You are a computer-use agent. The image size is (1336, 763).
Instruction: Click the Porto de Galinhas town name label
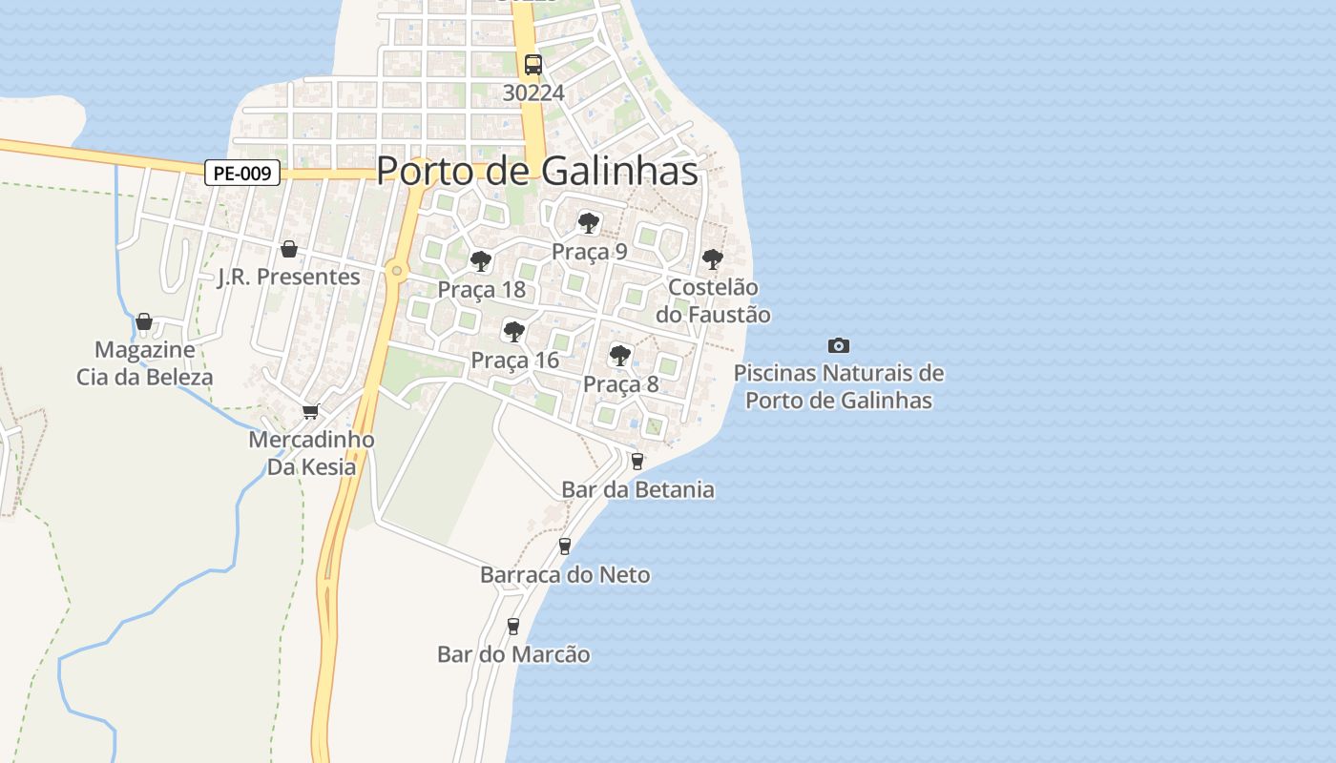pos(537,171)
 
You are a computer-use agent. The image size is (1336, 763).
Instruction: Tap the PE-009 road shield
pos(242,174)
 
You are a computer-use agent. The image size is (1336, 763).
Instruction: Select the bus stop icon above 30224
pos(533,65)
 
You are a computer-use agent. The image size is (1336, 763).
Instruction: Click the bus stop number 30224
pos(533,93)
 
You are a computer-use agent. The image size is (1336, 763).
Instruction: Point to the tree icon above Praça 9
pos(589,224)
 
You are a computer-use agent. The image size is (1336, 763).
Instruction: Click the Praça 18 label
pos(482,289)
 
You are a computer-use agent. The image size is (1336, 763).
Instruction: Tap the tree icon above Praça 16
pos(514,332)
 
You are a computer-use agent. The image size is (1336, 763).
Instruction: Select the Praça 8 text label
pos(620,384)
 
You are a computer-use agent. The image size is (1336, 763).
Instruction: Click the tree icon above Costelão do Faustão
pos(712,258)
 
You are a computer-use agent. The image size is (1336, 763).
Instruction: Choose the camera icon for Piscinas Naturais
pos(839,345)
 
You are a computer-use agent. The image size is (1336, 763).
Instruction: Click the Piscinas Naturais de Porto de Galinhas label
pos(839,386)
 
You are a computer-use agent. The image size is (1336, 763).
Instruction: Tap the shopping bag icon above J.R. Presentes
pos(289,249)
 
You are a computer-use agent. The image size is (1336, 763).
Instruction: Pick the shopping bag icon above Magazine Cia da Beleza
pos(144,321)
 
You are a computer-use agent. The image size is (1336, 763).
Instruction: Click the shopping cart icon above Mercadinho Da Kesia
pos(310,412)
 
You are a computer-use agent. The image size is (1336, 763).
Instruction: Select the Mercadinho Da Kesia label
pos(311,453)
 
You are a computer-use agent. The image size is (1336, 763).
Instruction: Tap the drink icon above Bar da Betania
pos(637,462)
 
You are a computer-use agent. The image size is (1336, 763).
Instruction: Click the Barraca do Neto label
pos(565,574)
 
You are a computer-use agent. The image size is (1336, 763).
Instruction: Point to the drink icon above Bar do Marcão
pos(513,626)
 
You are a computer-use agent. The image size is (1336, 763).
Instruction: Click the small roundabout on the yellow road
pos(397,271)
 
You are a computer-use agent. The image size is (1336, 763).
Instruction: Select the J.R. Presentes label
pos(289,277)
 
